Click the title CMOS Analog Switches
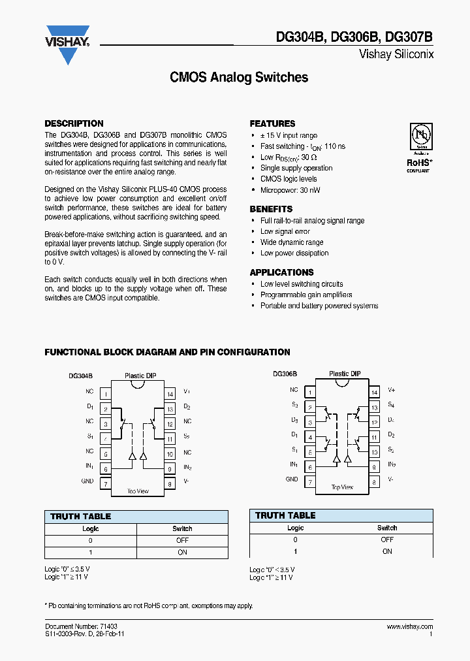(x=239, y=77)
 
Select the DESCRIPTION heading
(x=74, y=123)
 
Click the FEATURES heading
(x=272, y=123)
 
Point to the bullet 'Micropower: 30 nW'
(x=290, y=190)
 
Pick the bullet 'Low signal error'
(x=285, y=231)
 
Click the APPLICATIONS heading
(x=281, y=272)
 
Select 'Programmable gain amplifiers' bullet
(x=306, y=295)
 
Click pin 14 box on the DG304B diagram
(x=170, y=394)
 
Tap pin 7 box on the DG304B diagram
(x=105, y=484)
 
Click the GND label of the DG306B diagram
(x=292, y=479)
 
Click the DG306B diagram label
(x=285, y=374)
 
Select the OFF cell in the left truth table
(x=182, y=540)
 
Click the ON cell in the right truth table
(x=387, y=551)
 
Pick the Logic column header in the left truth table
(x=90, y=528)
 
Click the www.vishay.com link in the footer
(x=409, y=626)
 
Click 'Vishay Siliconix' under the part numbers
(x=396, y=55)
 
